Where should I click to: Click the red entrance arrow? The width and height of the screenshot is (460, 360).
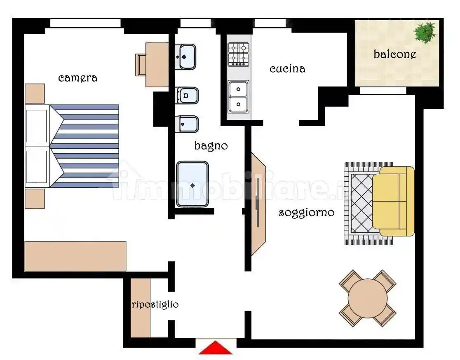coord(215,348)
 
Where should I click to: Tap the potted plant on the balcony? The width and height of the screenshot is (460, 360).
coord(425,32)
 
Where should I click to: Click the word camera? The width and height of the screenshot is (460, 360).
coord(77,78)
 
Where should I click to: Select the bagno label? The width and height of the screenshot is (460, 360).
coord(211,146)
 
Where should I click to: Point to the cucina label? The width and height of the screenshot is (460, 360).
coord(287,69)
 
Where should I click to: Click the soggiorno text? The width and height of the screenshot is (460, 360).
coord(306,213)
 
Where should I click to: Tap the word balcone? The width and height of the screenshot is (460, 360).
coord(394,54)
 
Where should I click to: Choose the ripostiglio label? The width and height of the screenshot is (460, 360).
coord(155,304)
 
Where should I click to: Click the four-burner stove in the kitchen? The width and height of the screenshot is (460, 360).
coord(239,54)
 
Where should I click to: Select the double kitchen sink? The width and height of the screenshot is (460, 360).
coord(239,96)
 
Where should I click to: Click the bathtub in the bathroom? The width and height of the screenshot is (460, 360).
coord(192,184)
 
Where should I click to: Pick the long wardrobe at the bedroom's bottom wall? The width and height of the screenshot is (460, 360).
coord(75,256)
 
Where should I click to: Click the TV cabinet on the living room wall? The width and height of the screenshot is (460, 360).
coord(259,204)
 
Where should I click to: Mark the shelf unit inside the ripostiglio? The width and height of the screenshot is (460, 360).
coord(140,308)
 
